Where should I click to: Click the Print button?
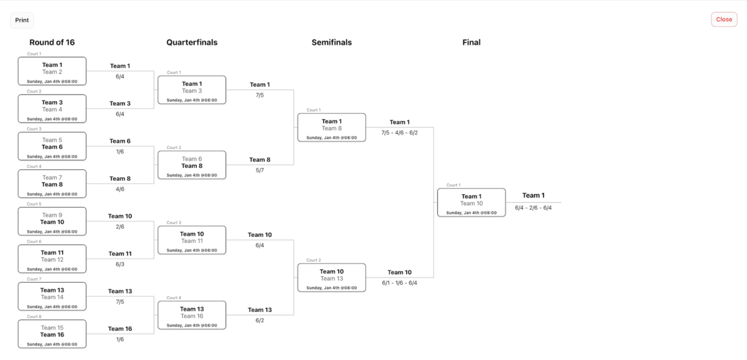[22, 20]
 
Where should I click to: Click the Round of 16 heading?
[52, 43]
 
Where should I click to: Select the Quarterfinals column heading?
[191, 43]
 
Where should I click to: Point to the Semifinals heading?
[332, 43]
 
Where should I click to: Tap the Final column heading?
[472, 43]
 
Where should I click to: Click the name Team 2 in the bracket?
[52, 72]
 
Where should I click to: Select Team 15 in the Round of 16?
[52, 328]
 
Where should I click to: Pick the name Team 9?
[52, 215]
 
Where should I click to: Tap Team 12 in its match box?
[52, 259]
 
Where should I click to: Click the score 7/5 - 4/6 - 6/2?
[399, 133]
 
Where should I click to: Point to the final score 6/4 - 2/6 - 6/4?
[533, 208]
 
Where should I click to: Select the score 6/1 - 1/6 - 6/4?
[399, 283]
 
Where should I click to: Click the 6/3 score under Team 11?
[120, 264]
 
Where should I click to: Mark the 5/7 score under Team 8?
[260, 170]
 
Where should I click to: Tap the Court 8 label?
[34, 317]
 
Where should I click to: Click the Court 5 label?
[34, 204]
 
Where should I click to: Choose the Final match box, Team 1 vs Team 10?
[471, 202]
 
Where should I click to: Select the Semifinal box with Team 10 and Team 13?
[332, 277]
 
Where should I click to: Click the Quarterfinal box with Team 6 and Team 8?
[191, 164]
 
